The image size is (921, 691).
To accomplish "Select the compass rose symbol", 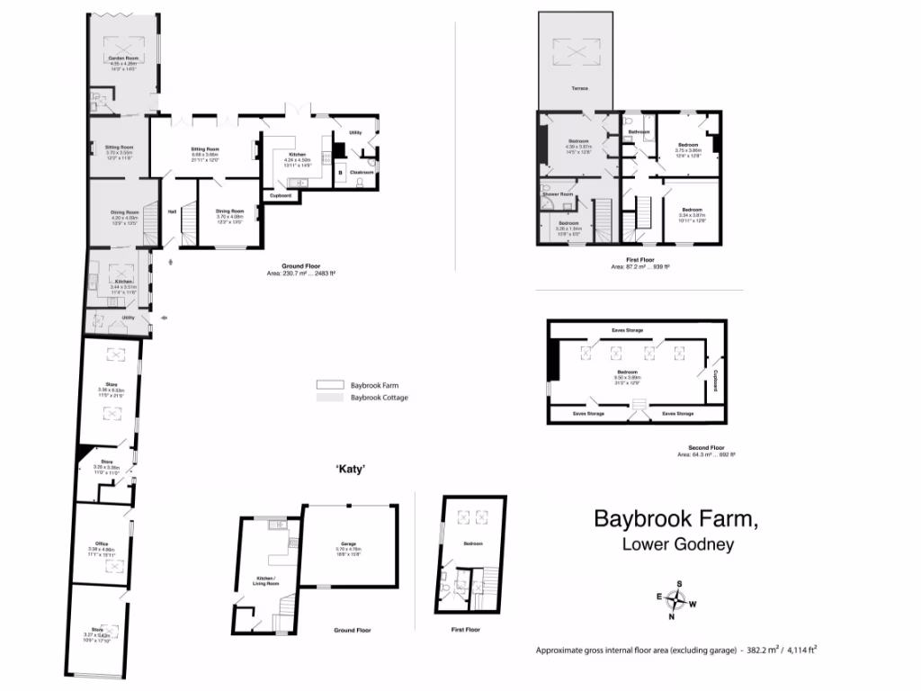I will [679, 599].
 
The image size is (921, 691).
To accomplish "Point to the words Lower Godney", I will [678, 544].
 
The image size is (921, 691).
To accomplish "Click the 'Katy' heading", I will [349, 469].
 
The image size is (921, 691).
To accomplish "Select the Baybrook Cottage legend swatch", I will [329, 397].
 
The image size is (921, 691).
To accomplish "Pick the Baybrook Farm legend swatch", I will [329, 383].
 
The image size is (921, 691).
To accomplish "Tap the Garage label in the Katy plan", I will [347, 544].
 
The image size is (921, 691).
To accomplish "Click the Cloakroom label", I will [362, 171].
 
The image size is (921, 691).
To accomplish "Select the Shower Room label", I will [558, 194].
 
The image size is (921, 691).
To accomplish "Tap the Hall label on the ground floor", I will [172, 212].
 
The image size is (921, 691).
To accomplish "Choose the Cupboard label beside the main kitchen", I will [280, 195].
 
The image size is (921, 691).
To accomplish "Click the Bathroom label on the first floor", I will [639, 132].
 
